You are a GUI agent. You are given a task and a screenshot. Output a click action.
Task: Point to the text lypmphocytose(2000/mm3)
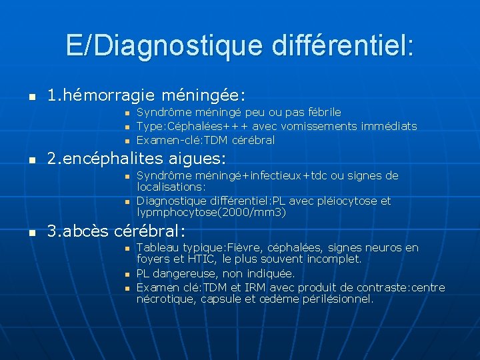[x=211, y=213]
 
